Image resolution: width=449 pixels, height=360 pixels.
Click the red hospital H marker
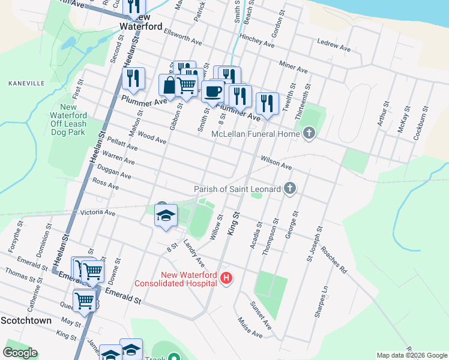(x=226, y=278)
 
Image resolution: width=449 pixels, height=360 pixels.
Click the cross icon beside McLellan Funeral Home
(x=309, y=133)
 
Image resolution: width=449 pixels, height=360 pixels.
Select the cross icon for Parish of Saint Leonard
(x=289, y=189)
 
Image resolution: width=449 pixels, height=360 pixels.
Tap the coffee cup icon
(x=212, y=91)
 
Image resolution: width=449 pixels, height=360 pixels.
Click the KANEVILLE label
(x=23, y=83)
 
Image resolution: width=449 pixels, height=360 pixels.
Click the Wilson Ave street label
(x=276, y=162)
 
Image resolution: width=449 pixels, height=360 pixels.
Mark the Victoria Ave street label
(x=97, y=212)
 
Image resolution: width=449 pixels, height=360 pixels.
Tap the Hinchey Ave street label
(x=257, y=40)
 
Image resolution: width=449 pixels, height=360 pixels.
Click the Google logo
(x=20, y=353)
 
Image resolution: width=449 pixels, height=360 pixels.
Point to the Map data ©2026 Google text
(x=411, y=355)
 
